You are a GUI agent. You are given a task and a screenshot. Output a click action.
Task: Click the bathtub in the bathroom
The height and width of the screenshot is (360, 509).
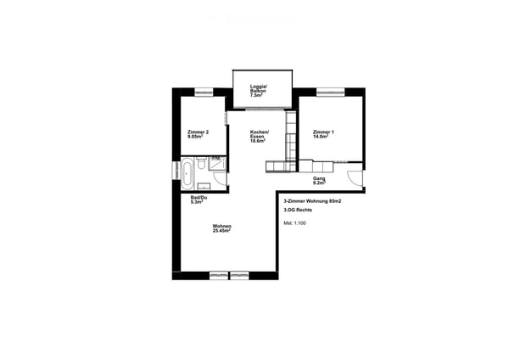pos(187,173)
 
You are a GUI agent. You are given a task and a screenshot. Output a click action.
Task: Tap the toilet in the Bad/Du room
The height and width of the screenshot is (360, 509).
pos(201,163)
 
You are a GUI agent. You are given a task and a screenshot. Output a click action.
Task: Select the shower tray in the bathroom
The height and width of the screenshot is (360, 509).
pos(216,163)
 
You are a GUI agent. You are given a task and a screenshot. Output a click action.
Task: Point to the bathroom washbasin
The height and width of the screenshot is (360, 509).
pos(204,186)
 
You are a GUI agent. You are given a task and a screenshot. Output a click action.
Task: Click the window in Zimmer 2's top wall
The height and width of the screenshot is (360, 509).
pos(204,93)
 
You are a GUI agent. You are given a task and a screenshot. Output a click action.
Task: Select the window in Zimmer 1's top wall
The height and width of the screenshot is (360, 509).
pos(331,93)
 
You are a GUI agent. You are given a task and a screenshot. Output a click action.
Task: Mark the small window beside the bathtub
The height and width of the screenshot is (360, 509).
pos(176,171)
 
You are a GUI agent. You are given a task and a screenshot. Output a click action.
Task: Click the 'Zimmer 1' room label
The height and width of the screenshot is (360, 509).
pos(323,132)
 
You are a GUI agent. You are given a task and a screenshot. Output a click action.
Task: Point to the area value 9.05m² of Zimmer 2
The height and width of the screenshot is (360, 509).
pos(195,137)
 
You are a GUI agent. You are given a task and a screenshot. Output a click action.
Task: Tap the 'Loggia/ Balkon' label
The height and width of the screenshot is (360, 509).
pos(258,88)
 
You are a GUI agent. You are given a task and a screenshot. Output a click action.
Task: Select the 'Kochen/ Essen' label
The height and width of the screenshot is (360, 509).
pos(260,134)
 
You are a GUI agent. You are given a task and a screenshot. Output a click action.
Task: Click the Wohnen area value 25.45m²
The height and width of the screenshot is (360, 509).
pos(221,231)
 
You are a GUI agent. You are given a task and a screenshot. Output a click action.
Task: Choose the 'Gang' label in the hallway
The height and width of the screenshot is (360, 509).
pos(319,178)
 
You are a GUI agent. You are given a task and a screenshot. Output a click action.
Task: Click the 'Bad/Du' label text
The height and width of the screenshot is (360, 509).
pos(199,197)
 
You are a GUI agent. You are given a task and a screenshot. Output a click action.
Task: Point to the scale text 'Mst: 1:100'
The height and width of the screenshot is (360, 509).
pos(294,223)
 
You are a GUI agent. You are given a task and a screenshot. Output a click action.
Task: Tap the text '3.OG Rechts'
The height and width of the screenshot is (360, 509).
pos(298,210)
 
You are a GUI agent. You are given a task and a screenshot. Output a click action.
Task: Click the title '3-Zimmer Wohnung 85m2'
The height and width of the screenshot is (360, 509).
pos(312,201)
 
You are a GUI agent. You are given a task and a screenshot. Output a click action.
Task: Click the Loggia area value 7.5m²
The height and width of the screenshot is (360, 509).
pos(256,96)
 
